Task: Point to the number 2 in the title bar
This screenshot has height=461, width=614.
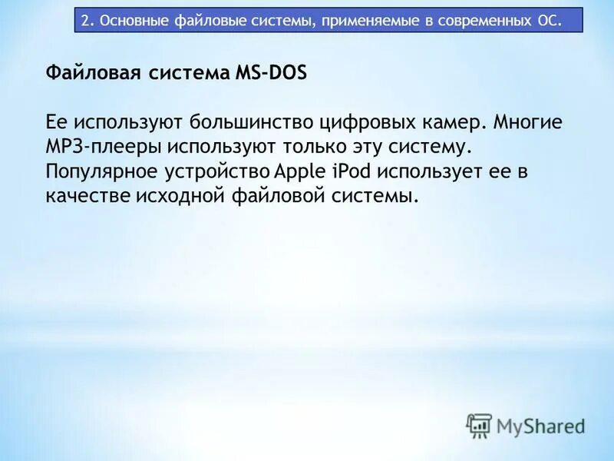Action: coord(85,20)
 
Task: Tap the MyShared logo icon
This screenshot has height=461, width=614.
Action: coord(479,425)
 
